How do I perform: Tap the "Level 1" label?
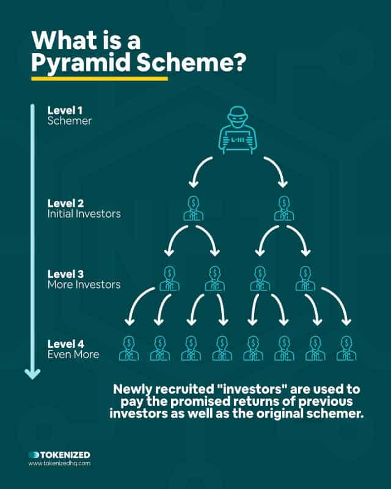tap(65, 111)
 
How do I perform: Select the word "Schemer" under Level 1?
tap(70, 121)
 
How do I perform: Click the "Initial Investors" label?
tap(84, 214)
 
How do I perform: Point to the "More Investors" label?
tap(84, 284)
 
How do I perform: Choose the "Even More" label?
tap(73, 355)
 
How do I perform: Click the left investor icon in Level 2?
tap(193, 208)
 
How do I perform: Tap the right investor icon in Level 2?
tap(283, 208)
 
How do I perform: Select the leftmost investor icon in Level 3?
tap(169, 279)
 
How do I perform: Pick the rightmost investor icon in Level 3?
tap(305, 279)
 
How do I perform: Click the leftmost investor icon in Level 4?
tap(129, 348)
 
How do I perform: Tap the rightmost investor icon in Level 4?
tap(346, 348)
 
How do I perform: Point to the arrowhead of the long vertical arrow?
tap(32, 374)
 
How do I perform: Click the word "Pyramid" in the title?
tap(81, 62)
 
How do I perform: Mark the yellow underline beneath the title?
tap(100, 79)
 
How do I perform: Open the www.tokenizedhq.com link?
tap(59, 463)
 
